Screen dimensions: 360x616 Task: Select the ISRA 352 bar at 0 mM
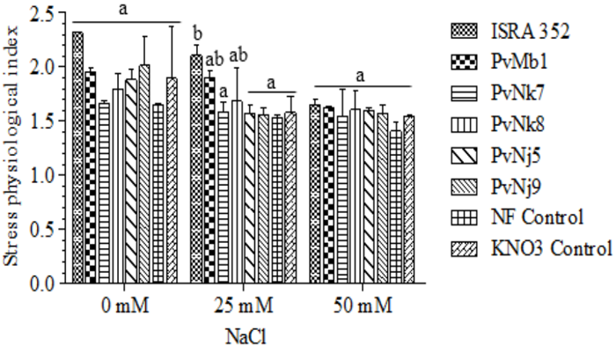78,158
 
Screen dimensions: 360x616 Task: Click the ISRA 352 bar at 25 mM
195,169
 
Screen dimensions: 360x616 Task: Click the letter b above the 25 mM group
195,35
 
